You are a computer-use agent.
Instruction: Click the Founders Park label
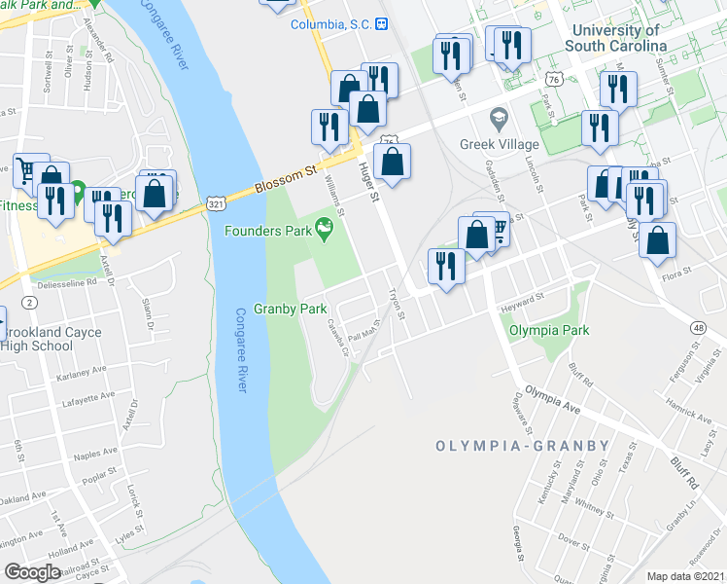266,231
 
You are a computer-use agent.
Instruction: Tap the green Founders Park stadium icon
325,230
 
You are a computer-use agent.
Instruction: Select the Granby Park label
290,309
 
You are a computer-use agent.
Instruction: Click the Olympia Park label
550,330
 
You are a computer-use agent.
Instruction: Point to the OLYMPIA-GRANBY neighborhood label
522,446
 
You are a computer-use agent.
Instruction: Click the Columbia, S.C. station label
331,23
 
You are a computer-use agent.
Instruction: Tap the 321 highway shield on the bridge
216,201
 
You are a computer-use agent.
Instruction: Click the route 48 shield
700,328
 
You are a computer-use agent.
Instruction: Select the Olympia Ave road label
552,399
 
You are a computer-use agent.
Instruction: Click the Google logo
33,571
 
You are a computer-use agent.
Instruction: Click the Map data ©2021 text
686,576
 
